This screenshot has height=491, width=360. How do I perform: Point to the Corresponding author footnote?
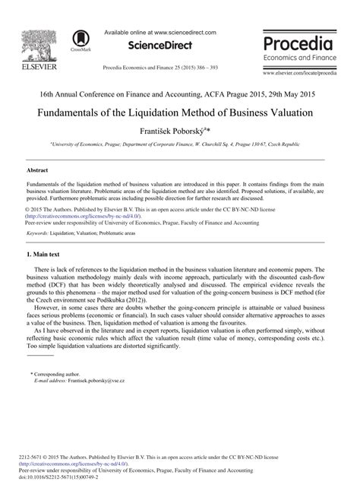57,395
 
